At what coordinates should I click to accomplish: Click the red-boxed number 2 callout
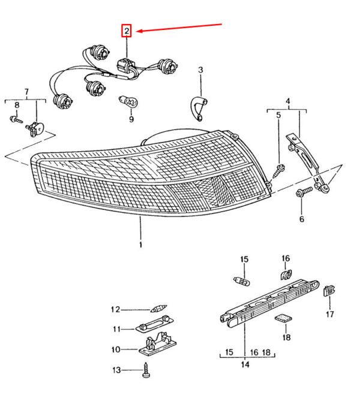click(x=127, y=30)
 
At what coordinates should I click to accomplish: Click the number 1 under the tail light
click(x=140, y=245)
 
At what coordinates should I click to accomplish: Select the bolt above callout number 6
click(x=302, y=192)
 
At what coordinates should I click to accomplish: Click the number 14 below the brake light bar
click(x=245, y=363)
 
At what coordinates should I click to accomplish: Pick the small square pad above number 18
click(x=283, y=319)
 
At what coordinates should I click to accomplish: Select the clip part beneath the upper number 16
click(x=286, y=275)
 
